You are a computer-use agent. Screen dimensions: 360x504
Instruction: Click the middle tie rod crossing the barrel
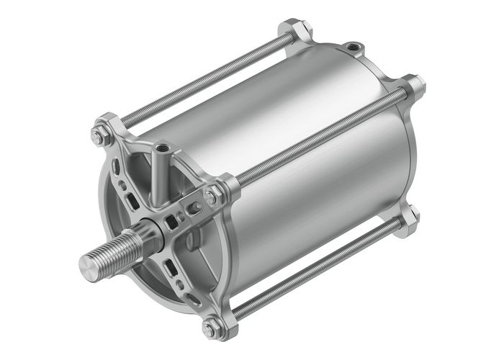[x=317, y=136]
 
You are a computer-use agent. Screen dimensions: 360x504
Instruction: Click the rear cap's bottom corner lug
[x=410, y=215]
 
